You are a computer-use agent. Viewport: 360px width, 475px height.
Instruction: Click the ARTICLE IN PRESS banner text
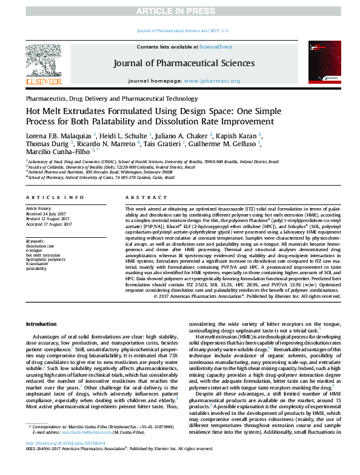point(179,10)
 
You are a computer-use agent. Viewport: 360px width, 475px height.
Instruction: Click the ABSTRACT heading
point(141,197)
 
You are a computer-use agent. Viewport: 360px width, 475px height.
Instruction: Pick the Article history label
point(39,209)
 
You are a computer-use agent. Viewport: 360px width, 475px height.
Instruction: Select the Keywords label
point(35,241)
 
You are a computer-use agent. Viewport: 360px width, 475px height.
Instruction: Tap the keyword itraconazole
point(38,264)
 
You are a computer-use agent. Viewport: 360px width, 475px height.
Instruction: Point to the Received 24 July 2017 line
point(47,214)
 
